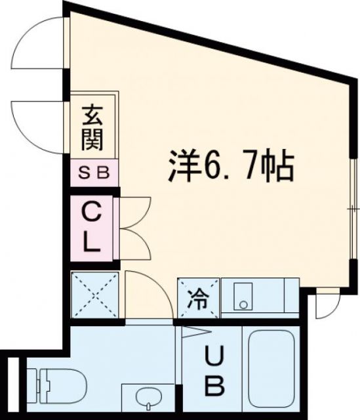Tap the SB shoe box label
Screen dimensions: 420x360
[94, 174]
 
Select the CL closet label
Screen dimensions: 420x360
[91, 229]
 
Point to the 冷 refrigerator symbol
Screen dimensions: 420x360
[198, 300]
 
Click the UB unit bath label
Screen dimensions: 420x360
[214, 370]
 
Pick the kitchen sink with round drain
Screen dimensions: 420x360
[244, 299]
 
